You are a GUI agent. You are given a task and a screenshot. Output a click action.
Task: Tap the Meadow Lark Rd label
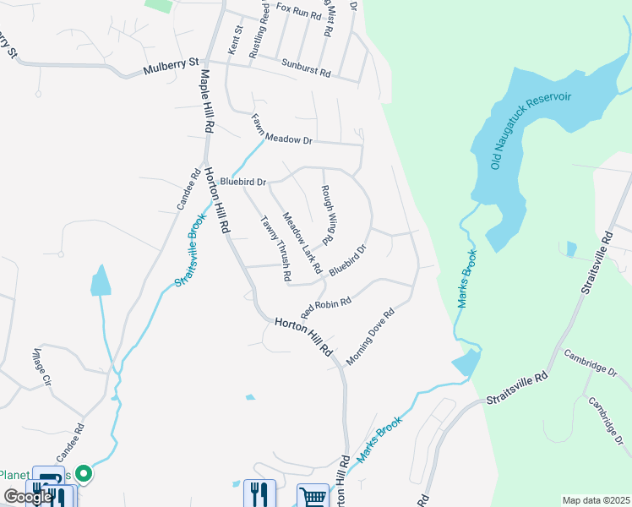click(302, 243)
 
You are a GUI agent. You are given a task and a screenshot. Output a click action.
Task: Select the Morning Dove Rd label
click(371, 335)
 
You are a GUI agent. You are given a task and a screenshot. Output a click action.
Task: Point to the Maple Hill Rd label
click(207, 99)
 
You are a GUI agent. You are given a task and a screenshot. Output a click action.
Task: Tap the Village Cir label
click(42, 368)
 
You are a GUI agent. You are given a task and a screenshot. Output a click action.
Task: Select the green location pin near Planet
click(83, 475)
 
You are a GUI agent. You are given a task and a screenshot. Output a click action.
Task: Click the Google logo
click(29, 497)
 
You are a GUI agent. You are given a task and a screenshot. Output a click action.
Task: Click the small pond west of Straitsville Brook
click(100, 281)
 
